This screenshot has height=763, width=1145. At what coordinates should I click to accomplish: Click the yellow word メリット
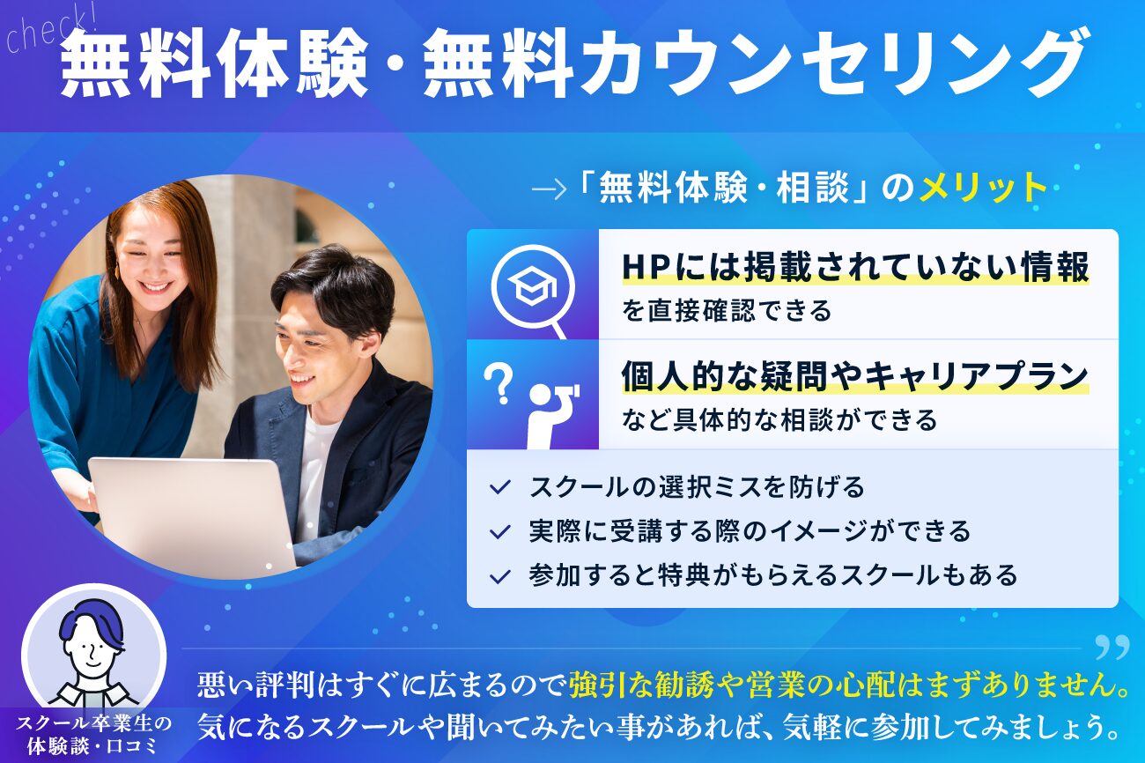982,187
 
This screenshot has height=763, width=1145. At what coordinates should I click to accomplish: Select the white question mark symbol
499,383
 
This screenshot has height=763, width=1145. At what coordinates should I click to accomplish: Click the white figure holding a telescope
551,415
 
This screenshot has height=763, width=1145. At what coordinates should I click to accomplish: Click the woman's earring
117,270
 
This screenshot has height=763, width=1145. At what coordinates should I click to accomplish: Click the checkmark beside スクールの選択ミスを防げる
500,487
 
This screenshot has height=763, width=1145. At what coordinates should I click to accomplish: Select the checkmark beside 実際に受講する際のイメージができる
500,532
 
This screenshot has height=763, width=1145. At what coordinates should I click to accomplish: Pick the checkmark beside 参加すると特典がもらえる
500,576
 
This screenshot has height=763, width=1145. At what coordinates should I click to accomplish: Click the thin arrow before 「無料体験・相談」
549,189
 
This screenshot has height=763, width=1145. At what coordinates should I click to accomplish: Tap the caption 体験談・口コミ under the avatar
92,746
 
